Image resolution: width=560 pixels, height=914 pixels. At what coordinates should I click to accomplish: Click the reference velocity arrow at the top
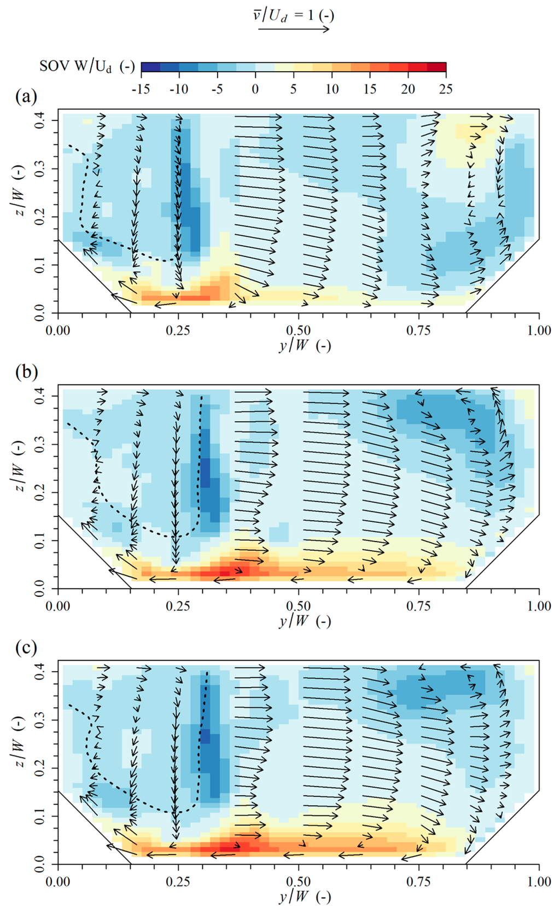pos(293,29)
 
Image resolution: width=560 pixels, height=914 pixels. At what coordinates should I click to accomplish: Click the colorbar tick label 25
pos(446,89)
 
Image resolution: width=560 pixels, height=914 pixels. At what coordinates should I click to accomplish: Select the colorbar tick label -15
pos(141,89)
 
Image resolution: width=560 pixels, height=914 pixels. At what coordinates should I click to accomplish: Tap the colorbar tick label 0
pos(255,89)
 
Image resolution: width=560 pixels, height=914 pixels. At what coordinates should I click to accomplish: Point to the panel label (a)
pos(26,97)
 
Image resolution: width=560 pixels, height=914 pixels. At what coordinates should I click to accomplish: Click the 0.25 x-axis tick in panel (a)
pos(178,330)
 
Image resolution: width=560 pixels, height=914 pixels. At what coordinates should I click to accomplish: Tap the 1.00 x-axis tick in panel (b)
pos(539,606)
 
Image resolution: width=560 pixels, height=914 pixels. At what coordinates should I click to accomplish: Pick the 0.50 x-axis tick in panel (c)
pos(299,882)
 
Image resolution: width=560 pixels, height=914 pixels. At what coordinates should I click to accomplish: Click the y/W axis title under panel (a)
pos(305,346)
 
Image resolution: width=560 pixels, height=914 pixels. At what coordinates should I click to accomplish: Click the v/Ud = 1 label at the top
pos(293,15)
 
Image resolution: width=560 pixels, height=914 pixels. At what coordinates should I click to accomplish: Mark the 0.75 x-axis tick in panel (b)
pos(419,606)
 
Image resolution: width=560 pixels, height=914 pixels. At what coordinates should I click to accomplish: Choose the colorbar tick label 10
pos(331,89)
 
